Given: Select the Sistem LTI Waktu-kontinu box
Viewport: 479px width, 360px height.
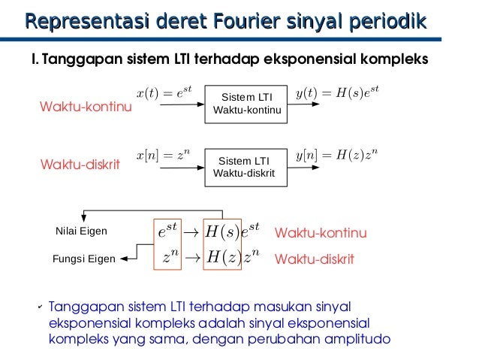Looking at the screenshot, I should [247, 104].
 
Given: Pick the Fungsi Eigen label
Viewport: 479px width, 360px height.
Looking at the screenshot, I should [83, 259].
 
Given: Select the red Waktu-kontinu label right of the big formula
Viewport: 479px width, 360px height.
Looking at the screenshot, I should [321, 234].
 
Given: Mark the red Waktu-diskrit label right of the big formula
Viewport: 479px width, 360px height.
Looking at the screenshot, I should [315, 259].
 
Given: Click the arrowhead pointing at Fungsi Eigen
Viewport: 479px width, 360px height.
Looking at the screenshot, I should [124, 259].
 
